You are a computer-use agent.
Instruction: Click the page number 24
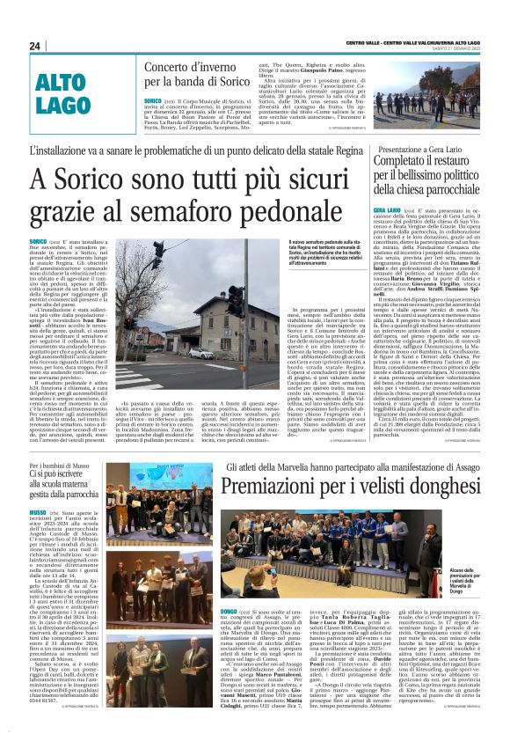point(35,46)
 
